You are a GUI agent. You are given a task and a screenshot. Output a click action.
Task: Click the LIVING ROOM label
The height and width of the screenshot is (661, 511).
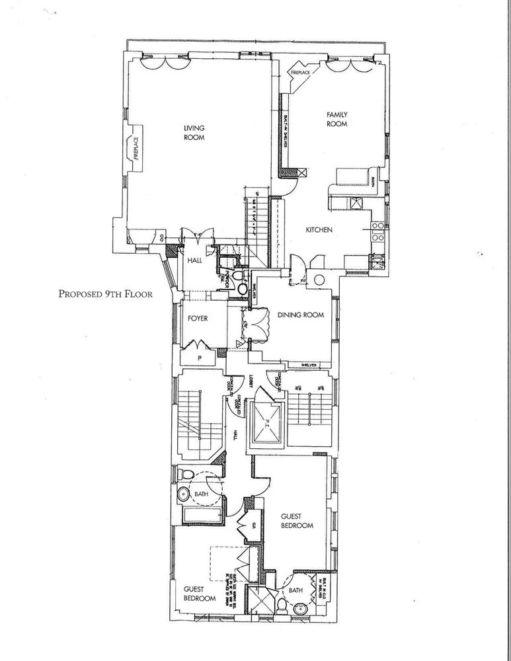click(x=194, y=133)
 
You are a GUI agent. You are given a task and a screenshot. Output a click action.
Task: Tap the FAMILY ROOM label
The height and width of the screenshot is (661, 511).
click(x=336, y=119)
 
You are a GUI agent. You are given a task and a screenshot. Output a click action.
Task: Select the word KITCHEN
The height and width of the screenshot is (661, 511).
click(x=318, y=230)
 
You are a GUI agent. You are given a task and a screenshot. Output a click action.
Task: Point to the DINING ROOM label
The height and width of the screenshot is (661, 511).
click(x=301, y=316)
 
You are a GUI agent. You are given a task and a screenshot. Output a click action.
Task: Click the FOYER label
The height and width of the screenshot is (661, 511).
click(x=197, y=319)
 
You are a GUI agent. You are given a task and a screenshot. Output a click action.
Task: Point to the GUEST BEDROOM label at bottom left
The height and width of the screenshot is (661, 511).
click(x=199, y=594)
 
